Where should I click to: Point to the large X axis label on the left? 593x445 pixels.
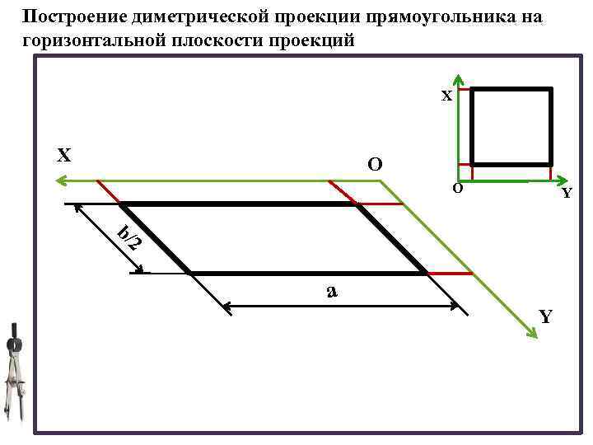pos(63,155)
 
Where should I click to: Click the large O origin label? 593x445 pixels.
pos(375,164)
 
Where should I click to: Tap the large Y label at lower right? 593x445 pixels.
pos(546,316)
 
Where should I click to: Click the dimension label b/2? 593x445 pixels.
pos(129,237)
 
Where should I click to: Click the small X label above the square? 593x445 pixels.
pos(446,96)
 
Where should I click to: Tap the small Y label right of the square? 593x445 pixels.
pos(567,194)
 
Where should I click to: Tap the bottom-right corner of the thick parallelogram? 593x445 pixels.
pos(426,272)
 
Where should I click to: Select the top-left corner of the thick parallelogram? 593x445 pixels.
pos(120,204)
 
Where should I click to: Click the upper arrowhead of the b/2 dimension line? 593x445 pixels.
pos(77,208)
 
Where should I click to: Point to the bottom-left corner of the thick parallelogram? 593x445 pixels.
pos(190,272)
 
